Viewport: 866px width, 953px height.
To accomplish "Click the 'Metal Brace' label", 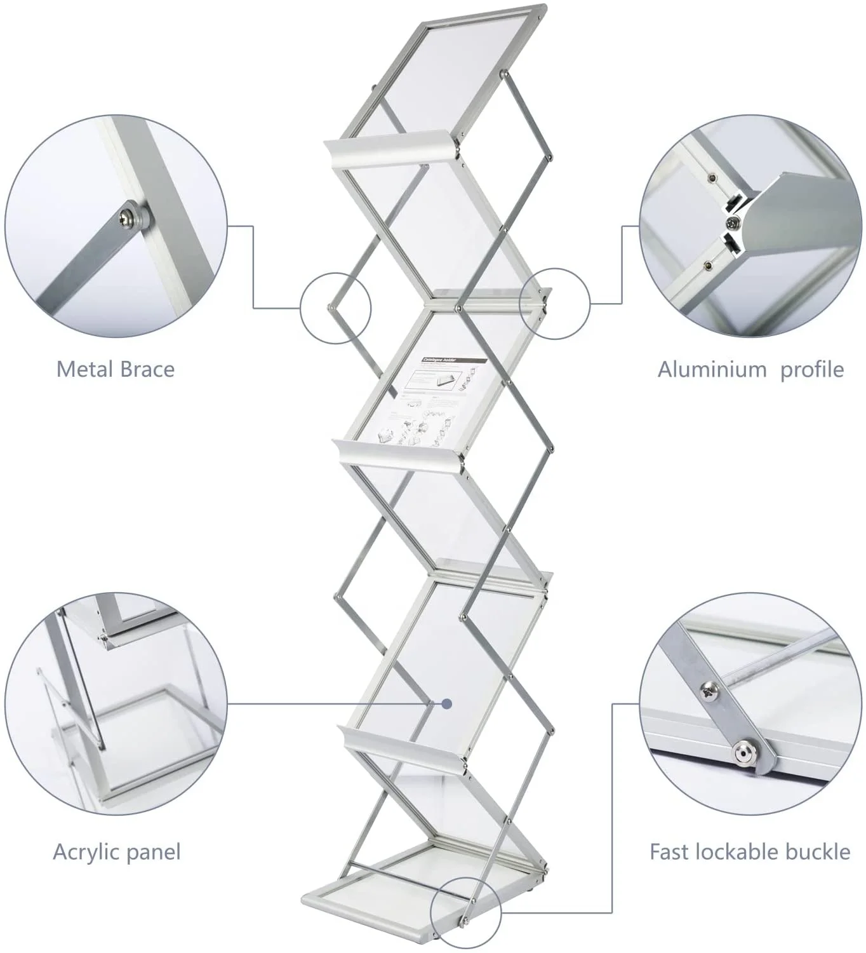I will (116, 369).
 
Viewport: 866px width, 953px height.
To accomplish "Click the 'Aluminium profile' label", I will (750, 369).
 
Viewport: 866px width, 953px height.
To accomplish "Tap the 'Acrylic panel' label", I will (117, 851).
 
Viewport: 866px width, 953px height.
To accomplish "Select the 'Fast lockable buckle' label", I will (750, 851).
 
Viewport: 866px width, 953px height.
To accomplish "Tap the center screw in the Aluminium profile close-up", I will (734, 223).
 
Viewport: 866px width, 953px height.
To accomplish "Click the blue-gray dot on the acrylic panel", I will (447, 703).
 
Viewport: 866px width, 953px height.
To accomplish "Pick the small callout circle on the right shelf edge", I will (554, 302).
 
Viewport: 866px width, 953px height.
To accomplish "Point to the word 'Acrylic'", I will (83, 851).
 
